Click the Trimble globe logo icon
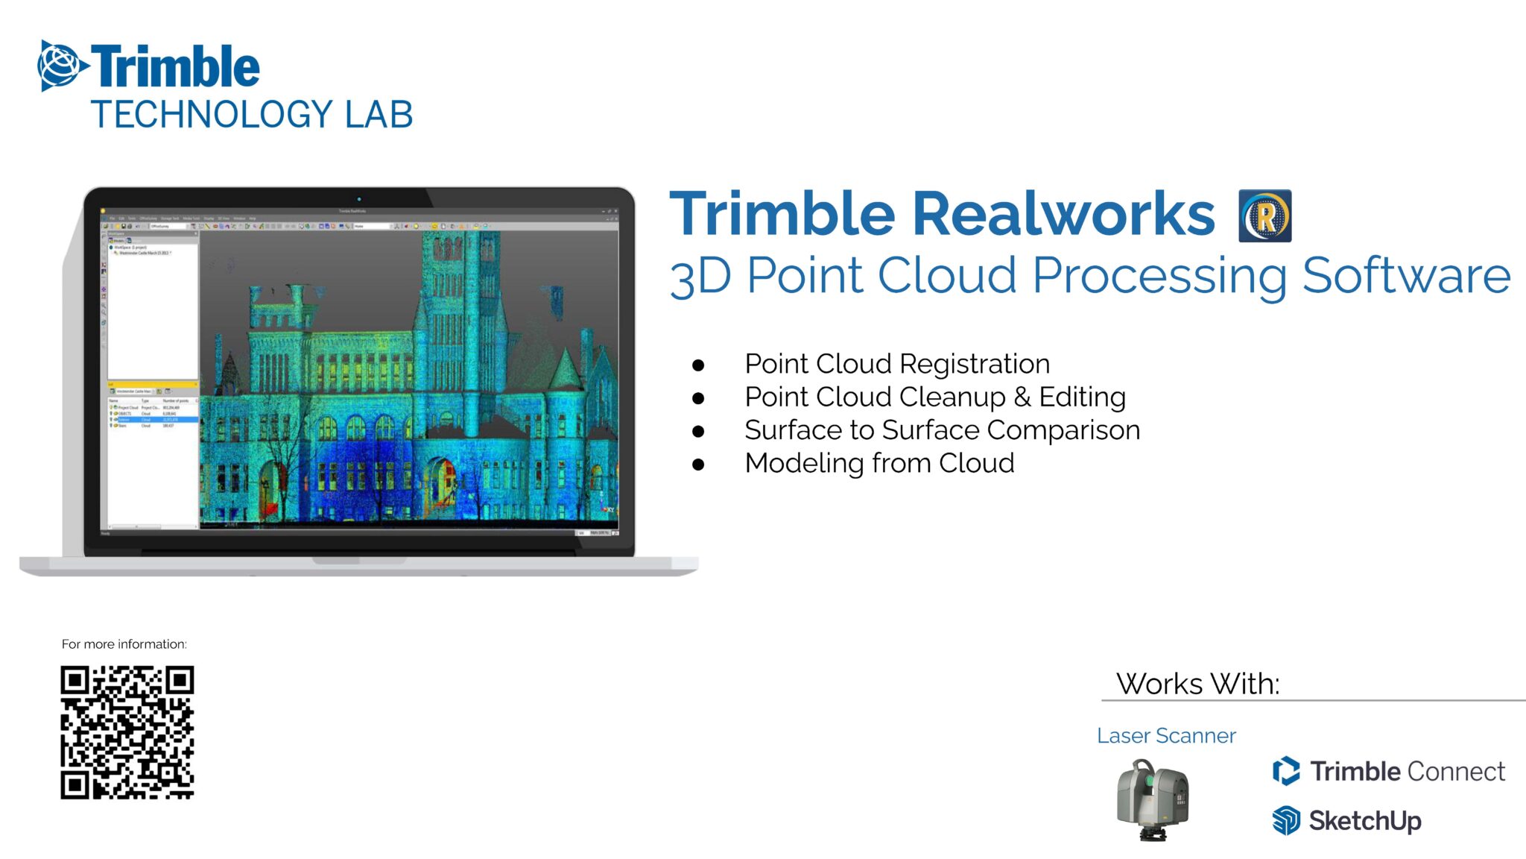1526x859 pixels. click(60, 66)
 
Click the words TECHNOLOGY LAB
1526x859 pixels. click(251, 115)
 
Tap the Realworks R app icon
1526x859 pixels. click(1264, 216)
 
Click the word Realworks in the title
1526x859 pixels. click(1063, 214)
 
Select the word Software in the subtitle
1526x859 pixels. click(1406, 276)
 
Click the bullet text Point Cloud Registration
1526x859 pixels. click(897, 364)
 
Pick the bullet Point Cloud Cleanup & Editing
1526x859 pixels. click(935, 397)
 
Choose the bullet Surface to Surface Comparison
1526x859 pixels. click(942, 430)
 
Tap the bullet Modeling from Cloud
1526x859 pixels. click(879, 463)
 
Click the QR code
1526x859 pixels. click(127, 732)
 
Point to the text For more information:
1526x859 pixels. click(124, 644)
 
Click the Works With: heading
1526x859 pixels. click(1197, 684)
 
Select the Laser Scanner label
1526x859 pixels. click(1166, 736)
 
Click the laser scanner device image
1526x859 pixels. click(1152, 799)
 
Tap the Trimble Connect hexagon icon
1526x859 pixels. click(1286, 771)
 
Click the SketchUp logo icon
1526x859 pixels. click(1286, 820)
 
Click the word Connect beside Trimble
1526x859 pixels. click(1456, 771)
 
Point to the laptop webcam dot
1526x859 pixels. click(359, 199)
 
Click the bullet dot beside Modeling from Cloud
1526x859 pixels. click(698, 465)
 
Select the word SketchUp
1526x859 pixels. click(1365, 821)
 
